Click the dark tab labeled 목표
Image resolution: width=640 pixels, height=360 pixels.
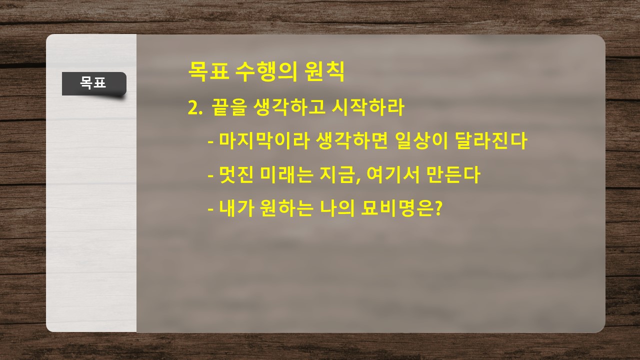click(94, 83)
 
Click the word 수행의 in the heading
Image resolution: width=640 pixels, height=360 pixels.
click(266, 71)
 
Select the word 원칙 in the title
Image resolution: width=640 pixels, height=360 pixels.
click(324, 71)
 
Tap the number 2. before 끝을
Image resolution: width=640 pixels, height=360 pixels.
click(195, 108)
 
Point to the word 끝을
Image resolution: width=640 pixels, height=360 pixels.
click(229, 107)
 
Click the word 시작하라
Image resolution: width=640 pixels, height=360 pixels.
click(368, 107)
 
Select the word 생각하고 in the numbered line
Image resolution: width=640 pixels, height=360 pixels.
click(289, 107)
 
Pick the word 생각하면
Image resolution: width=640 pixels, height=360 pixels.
click(352, 141)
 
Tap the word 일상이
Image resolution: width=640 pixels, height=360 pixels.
click(421, 141)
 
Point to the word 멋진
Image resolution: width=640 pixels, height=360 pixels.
click(236, 174)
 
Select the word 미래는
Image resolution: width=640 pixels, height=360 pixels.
click(286, 174)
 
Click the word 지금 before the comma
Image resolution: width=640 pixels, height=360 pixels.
click(337, 174)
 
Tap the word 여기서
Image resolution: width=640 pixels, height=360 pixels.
click(393, 174)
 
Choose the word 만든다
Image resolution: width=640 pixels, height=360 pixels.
click(453, 174)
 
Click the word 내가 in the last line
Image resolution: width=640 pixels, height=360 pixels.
click(236, 207)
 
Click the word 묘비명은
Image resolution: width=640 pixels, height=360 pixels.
click(397, 207)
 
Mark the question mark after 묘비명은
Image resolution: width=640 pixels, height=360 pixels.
click(438, 207)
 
